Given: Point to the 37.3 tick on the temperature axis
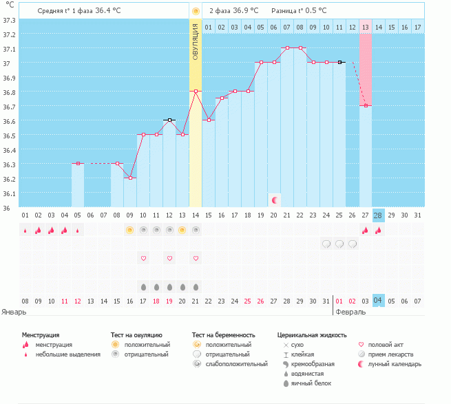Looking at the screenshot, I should click(x=9, y=20).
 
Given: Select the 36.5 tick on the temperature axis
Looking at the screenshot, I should click(x=9, y=136).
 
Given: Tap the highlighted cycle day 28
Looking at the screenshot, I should click(x=378, y=215).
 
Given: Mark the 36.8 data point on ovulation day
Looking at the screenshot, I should click(x=196, y=91).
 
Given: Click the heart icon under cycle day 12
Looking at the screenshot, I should click(x=169, y=258).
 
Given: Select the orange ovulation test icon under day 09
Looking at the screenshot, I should click(x=129, y=229).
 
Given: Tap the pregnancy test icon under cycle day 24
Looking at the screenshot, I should click(x=326, y=244).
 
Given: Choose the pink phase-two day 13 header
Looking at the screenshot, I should click(x=365, y=27).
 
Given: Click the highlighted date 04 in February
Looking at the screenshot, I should click(x=378, y=301).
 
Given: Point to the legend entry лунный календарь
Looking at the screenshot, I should click(x=395, y=363).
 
